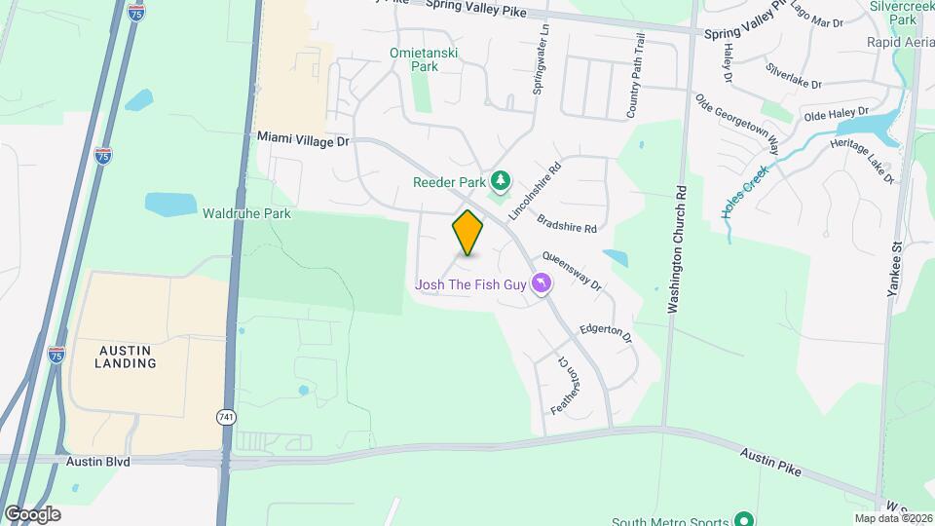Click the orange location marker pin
coord(467,233)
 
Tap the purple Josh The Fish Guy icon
coord(542,284)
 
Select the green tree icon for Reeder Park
coord(501,180)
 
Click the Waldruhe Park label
coord(246,212)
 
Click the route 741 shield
coord(225,417)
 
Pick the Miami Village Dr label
coord(303,140)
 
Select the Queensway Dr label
coord(572,271)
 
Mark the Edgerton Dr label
coord(606,333)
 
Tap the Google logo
coord(32,513)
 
